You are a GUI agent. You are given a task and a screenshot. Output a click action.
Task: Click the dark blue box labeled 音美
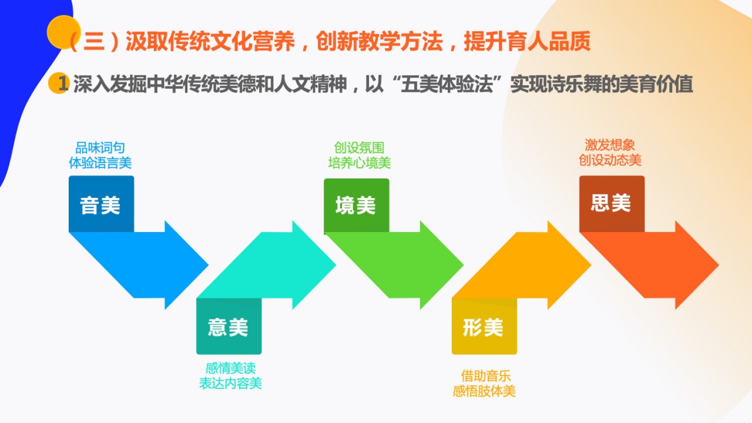pyautogui.click(x=102, y=204)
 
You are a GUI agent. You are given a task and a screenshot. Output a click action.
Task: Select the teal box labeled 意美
pyautogui.click(x=229, y=326)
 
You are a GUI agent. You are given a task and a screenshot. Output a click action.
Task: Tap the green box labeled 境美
pyautogui.click(x=357, y=205)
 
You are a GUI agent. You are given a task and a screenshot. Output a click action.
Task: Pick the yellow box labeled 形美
pyautogui.click(x=484, y=326)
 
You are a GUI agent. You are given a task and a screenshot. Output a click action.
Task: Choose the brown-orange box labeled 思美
pyautogui.click(x=612, y=204)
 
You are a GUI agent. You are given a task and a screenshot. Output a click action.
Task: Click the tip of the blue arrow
pyautogui.click(x=208, y=265)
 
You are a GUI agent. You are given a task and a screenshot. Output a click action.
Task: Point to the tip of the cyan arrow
pyautogui.click(x=335, y=265)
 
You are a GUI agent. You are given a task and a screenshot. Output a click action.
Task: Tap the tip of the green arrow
pyautogui.click(x=464, y=265)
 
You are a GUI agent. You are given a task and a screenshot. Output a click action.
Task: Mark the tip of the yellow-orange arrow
pyautogui.click(x=591, y=265)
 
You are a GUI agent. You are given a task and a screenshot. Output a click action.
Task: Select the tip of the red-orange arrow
pyautogui.click(x=719, y=265)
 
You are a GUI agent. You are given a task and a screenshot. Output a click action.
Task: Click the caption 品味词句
pyautogui.click(x=100, y=147)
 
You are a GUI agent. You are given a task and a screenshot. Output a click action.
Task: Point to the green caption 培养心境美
pyautogui.click(x=359, y=163)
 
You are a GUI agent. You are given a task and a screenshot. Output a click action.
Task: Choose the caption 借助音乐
pyautogui.click(x=486, y=376)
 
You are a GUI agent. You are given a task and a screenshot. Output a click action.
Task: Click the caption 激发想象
pyautogui.click(x=610, y=145)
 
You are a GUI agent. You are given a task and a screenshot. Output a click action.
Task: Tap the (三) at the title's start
pyautogui.click(x=95, y=42)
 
